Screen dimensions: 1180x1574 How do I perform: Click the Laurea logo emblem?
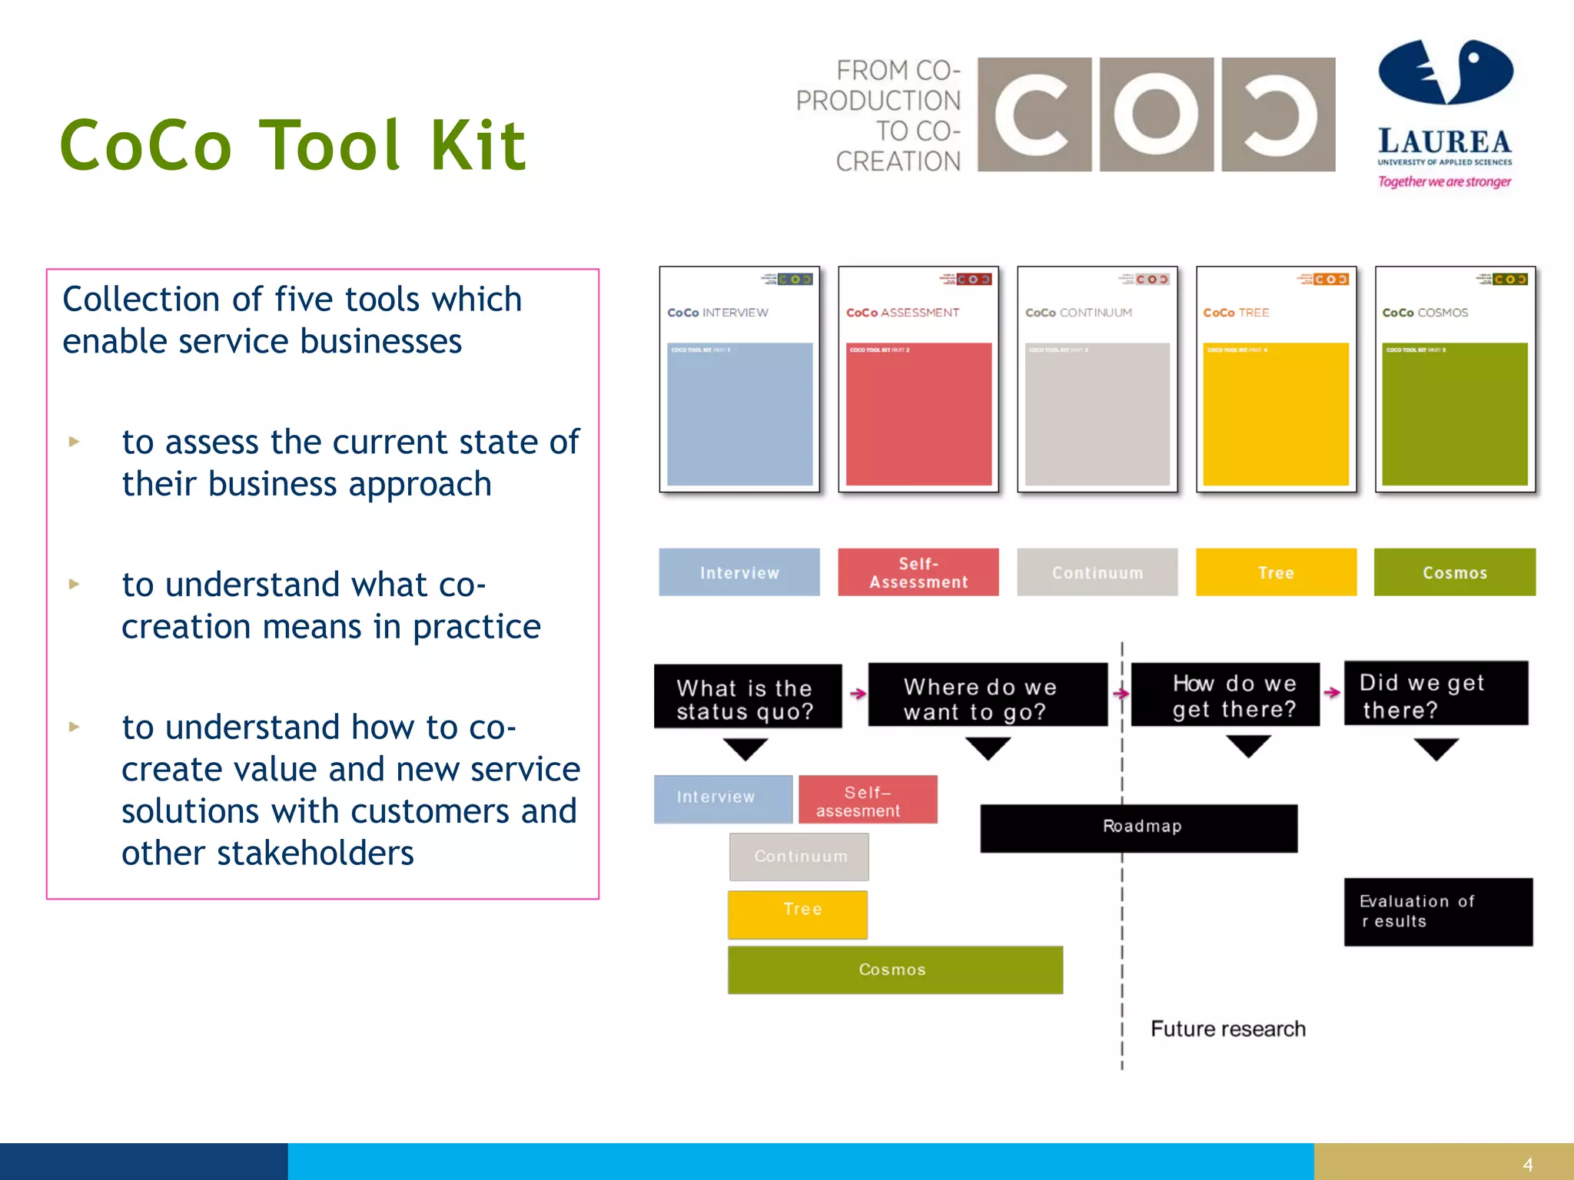coord(1445,72)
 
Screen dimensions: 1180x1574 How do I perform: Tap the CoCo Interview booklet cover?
coord(739,380)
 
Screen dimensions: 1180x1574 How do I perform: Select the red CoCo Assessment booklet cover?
coord(918,380)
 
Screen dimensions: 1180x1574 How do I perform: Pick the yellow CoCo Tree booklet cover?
coord(1276,380)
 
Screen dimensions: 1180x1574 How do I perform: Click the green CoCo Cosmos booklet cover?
coord(1455,380)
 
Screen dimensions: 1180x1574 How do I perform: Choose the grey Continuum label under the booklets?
coord(1097,572)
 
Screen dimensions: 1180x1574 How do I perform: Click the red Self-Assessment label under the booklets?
coord(918,572)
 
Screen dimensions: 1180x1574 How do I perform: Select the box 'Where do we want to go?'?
coord(988,695)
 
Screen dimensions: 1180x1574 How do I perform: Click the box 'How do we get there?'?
coord(1225,694)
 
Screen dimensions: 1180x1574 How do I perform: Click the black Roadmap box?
coord(1139,828)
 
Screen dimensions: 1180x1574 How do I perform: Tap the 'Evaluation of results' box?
coord(1438,912)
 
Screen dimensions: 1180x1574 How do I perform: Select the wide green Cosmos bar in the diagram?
coord(895,970)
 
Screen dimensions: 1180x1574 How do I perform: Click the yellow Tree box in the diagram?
coord(798,914)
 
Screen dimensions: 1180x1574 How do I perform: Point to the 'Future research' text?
coord(1228,1029)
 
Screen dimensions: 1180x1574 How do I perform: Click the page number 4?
coord(1527,1165)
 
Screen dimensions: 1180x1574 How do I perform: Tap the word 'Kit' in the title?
coord(478,145)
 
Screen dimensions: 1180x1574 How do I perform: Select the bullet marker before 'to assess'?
coord(74,442)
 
